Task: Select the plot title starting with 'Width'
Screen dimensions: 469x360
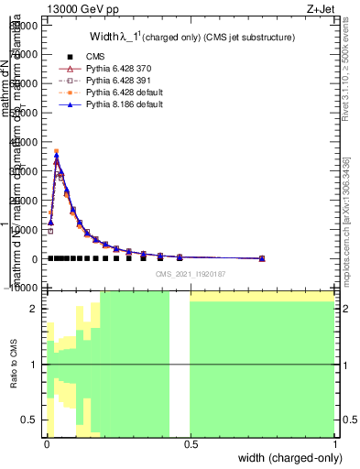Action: (191, 38)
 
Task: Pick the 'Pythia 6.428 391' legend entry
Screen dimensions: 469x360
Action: (110, 81)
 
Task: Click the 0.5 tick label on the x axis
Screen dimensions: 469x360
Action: (190, 443)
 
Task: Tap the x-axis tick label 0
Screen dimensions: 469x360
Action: (46, 443)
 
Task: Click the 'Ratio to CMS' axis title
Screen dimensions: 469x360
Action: (14, 364)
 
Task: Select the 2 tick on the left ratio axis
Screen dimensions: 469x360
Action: (34, 309)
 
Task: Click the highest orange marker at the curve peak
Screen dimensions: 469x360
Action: (56, 151)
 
